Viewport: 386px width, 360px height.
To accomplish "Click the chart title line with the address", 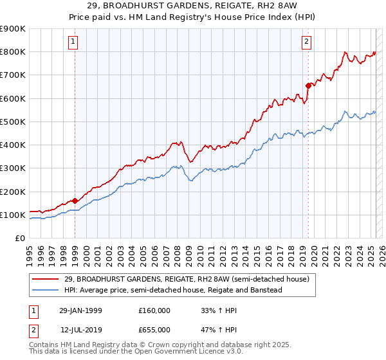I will pos(193,6).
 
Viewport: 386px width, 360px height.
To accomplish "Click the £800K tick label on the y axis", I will pos(13,52).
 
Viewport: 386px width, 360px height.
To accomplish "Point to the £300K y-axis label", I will pos(13,168).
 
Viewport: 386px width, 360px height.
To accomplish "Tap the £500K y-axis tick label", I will pos(13,122).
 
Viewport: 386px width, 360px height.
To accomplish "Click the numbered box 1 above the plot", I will pos(73,42).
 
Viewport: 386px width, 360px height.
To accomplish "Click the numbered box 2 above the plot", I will pos(306,42).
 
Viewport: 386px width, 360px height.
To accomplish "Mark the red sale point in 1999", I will pos(75,201).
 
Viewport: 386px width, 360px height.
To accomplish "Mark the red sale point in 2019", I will pos(308,85).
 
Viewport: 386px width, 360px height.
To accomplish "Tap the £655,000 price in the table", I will pos(154,330).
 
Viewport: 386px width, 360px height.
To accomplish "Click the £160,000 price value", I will pos(154,310).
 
